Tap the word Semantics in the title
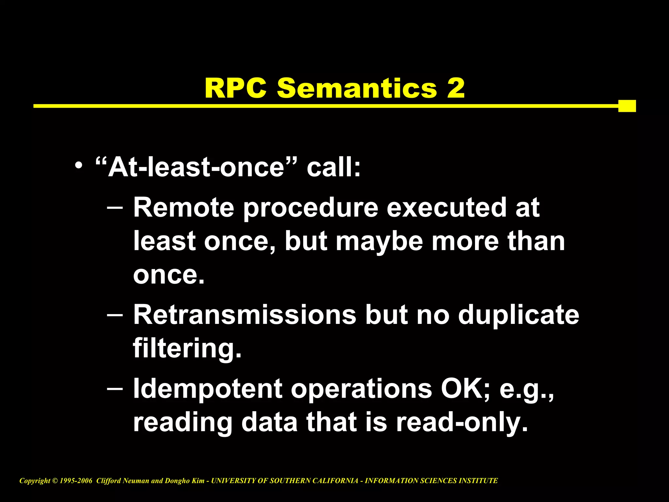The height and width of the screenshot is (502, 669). pos(357,88)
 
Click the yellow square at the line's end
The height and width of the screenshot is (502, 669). pos(627,106)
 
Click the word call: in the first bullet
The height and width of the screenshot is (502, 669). pos(334,168)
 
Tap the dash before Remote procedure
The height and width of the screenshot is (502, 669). pos(115,207)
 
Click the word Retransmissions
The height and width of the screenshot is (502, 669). pos(245,315)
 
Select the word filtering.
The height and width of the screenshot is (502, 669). pos(187,349)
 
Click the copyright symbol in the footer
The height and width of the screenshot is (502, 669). pos(55,481)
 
